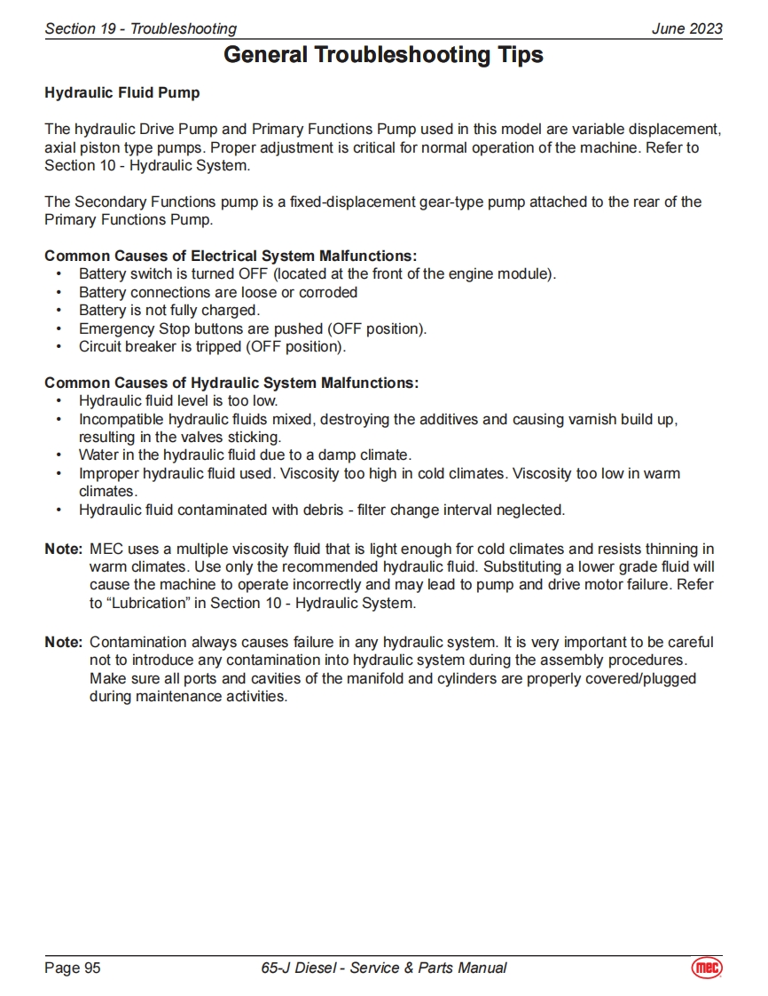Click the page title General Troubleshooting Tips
(383, 55)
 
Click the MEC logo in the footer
(707, 968)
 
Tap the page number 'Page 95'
(73, 968)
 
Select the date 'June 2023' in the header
(686, 28)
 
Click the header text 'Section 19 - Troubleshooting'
(140, 28)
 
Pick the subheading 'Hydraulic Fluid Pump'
(122, 92)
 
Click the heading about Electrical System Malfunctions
(231, 257)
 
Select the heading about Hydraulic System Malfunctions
(231, 383)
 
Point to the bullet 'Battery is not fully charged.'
(169, 311)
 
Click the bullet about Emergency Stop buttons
(253, 328)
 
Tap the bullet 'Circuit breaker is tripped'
(213, 346)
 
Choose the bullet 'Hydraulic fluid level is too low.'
(178, 401)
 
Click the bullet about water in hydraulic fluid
(245, 455)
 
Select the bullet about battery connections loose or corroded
(218, 292)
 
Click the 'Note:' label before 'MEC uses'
(63, 549)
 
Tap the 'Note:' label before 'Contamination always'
(63, 642)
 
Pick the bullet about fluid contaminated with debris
(322, 510)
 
